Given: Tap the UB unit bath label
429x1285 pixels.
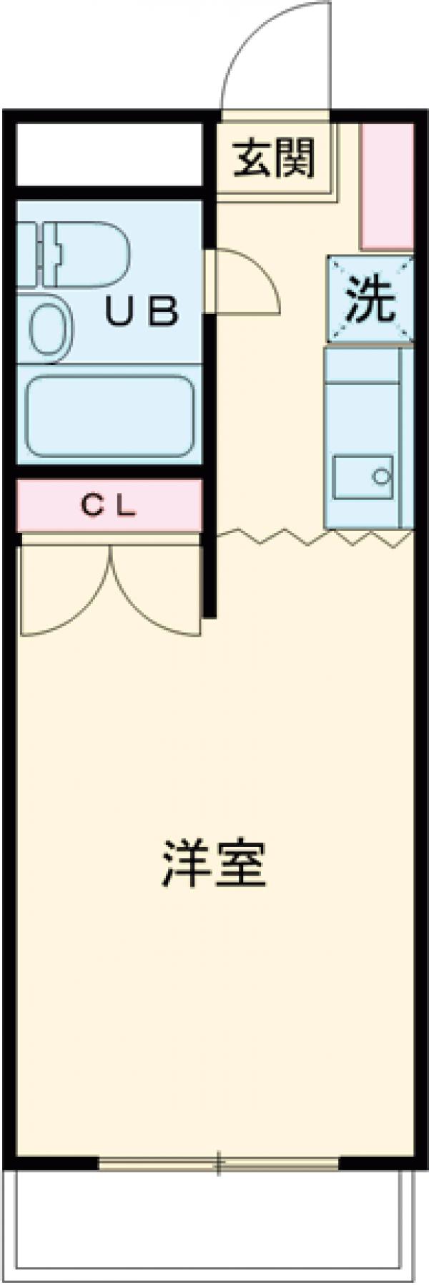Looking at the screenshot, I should (142, 312).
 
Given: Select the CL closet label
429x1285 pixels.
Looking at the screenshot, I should (108, 507).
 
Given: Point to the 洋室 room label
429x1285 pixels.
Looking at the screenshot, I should (214, 864).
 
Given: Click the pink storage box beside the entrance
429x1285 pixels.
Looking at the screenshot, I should (387, 185).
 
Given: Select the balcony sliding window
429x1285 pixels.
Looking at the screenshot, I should (218, 1165).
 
